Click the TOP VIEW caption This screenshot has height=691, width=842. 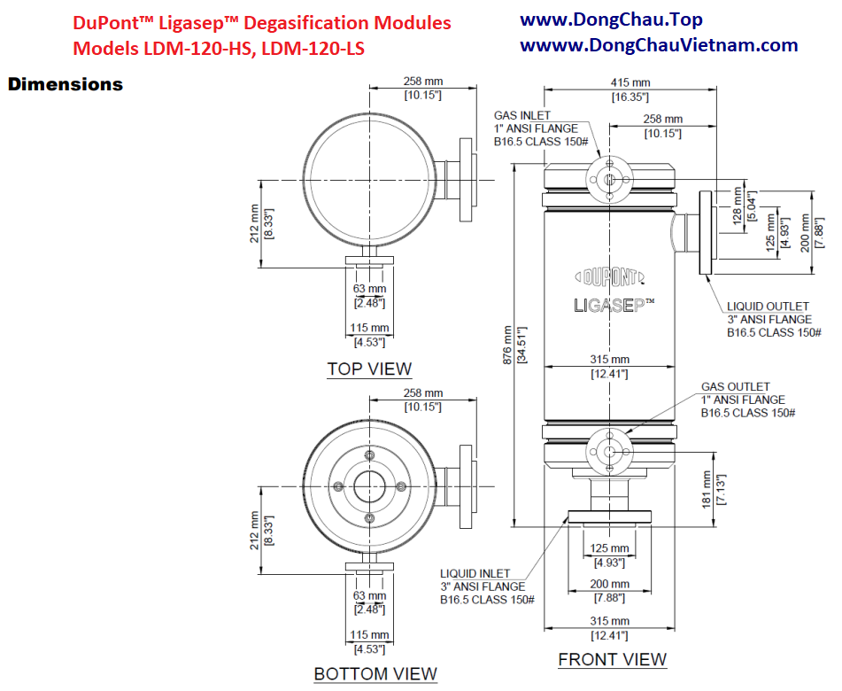coord(369,369)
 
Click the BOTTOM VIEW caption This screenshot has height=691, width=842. coord(375,673)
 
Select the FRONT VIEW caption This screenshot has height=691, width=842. coord(612,659)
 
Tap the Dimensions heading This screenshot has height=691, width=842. coord(65,85)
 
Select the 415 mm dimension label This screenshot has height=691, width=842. coord(630,82)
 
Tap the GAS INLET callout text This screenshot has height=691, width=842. coord(522,115)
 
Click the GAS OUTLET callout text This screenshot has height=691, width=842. coord(735,387)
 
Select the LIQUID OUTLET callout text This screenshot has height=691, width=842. coord(768,307)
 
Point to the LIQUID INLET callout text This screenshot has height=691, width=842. coord(476,573)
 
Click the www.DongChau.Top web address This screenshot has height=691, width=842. coord(611,19)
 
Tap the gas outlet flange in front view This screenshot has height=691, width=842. coord(610,450)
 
